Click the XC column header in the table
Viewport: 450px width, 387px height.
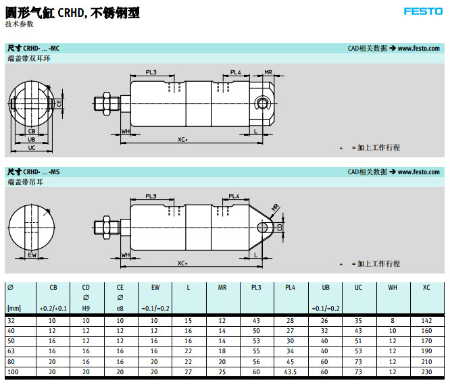pos(426,288)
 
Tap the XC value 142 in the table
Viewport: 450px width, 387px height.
pos(426,319)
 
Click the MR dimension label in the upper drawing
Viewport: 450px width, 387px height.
pos(268,72)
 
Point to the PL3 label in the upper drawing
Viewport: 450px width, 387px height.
pos(151,72)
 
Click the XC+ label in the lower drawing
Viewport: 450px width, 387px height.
pos(182,263)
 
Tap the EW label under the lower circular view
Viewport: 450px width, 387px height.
pos(32,255)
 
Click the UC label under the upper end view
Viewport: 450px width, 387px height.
pos(32,147)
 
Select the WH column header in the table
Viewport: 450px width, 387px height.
pos(392,288)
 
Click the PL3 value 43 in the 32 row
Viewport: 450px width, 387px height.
pos(256,319)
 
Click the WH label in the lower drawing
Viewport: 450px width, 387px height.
pos(126,255)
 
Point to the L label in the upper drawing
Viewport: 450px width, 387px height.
pos(256,130)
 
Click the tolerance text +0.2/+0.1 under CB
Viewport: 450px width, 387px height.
pos(53,309)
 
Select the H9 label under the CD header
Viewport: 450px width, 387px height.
pos(86,309)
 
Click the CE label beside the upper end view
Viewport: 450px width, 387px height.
pos(60,103)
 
